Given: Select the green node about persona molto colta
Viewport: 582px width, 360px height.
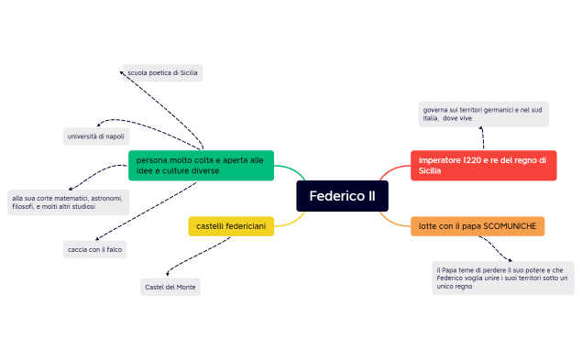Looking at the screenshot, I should click(201, 165).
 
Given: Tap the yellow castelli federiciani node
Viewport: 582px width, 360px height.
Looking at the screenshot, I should click(231, 225).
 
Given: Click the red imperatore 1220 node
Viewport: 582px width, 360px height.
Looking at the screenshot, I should click(482, 165).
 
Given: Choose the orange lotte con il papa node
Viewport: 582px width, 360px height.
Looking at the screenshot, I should click(477, 225).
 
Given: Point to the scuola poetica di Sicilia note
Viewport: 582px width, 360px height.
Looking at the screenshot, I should click(162, 72).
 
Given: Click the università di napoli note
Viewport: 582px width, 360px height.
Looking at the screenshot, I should click(95, 136).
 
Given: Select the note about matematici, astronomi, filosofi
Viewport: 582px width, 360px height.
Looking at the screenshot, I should click(67, 202).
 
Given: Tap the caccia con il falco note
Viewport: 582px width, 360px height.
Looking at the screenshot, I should click(95, 248).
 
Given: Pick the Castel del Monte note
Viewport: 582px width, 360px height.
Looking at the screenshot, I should click(170, 288).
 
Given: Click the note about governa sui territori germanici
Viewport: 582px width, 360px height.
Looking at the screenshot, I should click(483, 114).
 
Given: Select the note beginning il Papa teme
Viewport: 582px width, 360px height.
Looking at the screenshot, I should click(502, 278).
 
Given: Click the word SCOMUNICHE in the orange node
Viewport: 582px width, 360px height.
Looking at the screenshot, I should click(510, 225).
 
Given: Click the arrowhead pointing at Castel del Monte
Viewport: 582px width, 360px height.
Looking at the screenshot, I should click(167, 273).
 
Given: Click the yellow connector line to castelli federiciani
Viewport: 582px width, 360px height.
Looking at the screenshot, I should click(291, 220).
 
